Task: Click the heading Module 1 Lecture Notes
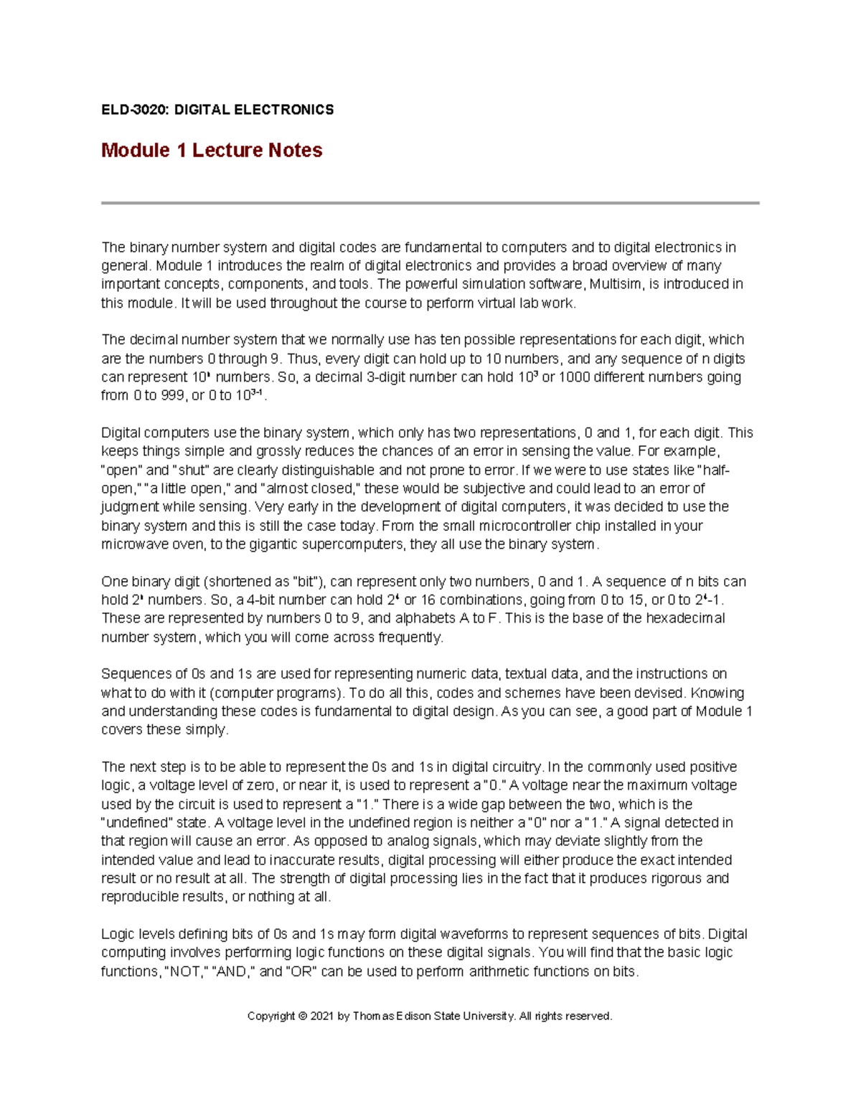[212, 151]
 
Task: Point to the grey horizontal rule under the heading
[430, 203]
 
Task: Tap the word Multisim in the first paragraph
[616, 285]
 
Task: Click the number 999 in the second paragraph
[172, 396]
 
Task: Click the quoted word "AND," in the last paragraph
[233, 972]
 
